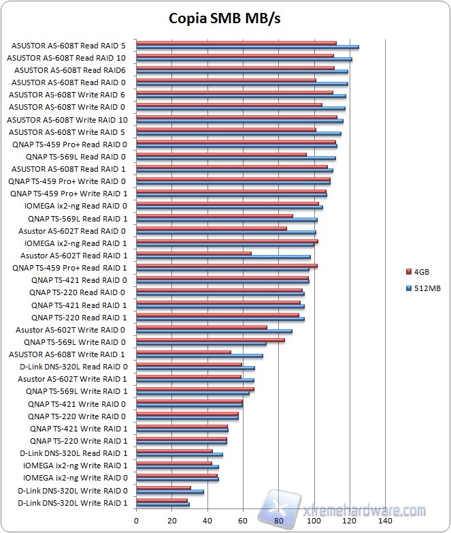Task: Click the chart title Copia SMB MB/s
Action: [x=224, y=18]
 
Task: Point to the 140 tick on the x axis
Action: [x=385, y=520]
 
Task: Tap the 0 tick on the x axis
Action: [x=137, y=520]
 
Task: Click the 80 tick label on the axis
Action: [x=279, y=520]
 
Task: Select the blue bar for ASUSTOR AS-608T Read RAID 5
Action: [x=248, y=48]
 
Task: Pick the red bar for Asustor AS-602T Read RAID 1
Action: [x=194, y=254]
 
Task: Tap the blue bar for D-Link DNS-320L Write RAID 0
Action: [x=170, y=492]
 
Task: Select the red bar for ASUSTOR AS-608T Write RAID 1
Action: [x=184, y=352]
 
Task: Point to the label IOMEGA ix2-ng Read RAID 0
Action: [x=76, y=206]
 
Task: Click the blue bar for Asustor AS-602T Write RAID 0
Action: [x=214, y=332]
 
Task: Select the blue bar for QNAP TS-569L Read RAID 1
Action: [x=227, y=220]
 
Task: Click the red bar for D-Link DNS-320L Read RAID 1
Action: [x=175, y=451]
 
